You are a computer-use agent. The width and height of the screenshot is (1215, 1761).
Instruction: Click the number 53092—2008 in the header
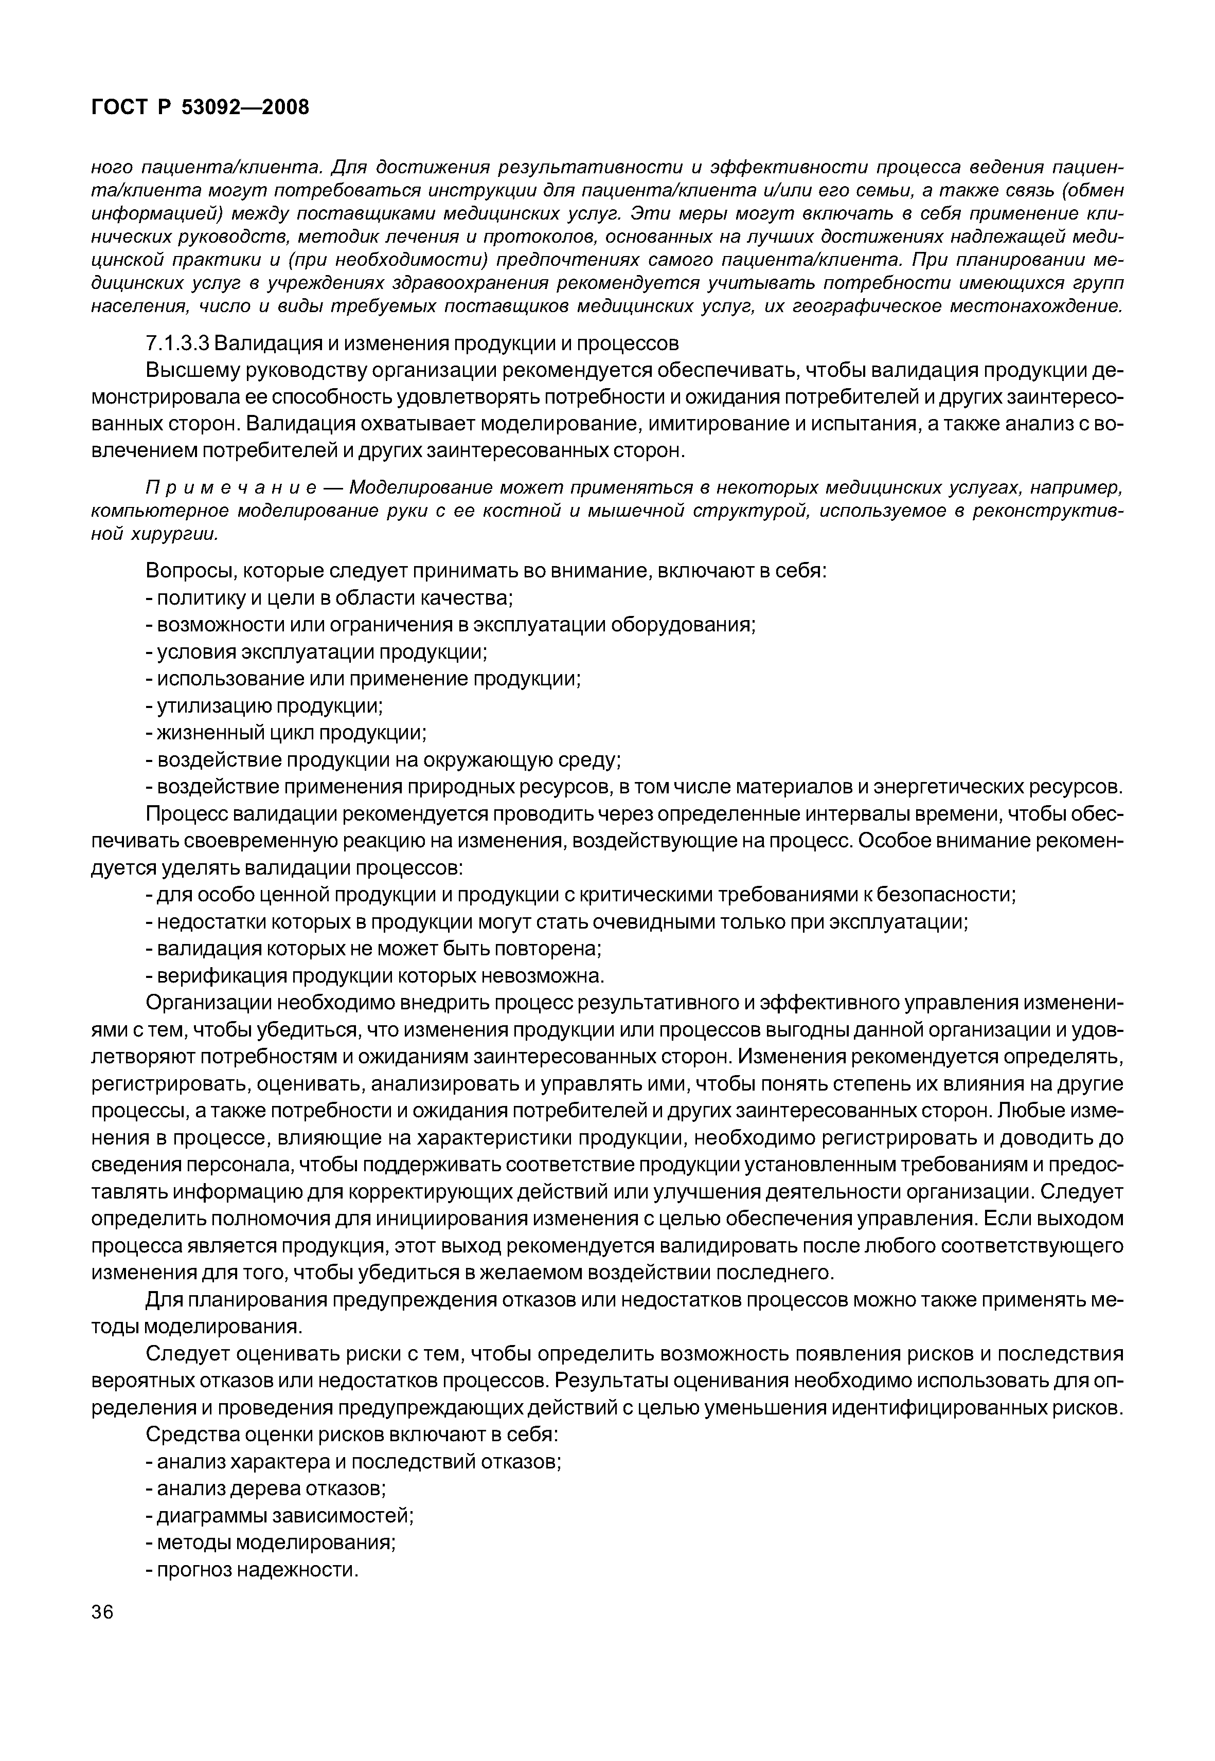coord(245,108)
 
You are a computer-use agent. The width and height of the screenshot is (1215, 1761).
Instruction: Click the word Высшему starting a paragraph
coord(188,371)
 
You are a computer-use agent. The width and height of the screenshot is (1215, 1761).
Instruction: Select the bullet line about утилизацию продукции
coord(264,706)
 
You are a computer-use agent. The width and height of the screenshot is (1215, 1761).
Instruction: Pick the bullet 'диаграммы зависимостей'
coord(279,1515)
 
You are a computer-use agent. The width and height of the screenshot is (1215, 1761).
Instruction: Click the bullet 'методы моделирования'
coord(270,1542)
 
